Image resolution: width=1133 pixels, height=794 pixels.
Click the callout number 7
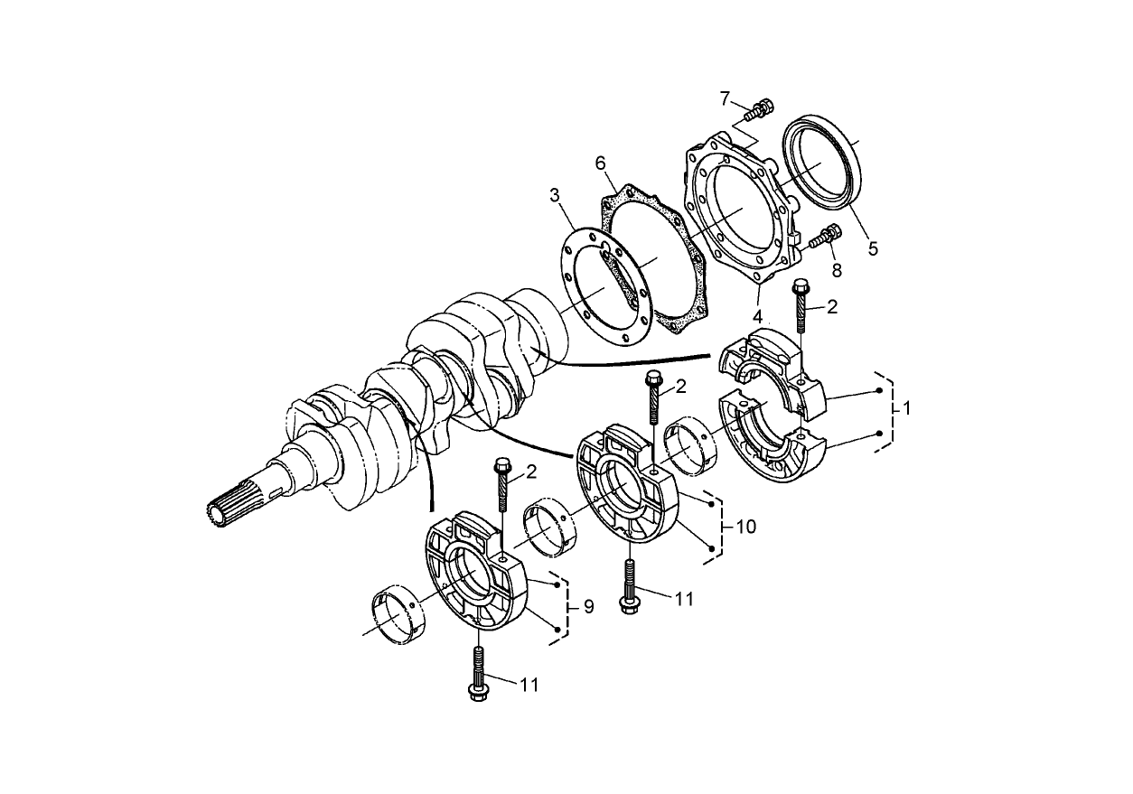click(725, 97)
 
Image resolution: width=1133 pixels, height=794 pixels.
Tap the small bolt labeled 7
click(762, 110)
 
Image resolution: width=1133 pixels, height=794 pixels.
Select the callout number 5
click(873, 248)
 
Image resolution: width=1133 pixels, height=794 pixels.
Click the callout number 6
click(599, 163)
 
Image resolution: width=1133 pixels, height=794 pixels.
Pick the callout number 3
click(555, 195)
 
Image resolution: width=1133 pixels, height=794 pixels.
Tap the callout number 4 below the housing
click(758, 316)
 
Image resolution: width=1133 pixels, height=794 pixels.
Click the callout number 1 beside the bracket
click(906, 408)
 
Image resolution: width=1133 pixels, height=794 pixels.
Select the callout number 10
click(746, 526)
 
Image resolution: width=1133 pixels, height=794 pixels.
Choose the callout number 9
click(588, 606)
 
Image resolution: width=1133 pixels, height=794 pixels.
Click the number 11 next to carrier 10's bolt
click(684, 598)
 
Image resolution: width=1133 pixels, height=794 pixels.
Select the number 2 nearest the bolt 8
click(831, 307)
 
